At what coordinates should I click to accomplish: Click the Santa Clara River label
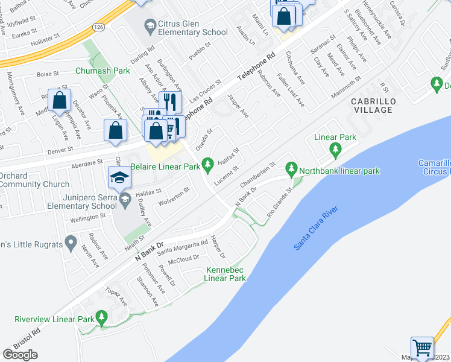[316, 229]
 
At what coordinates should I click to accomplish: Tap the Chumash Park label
[102, 71]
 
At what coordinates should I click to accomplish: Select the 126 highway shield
[98, 27]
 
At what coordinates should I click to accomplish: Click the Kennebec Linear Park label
[226, 274]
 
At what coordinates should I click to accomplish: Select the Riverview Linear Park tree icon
[101, 316]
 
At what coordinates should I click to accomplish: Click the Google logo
[20, 354]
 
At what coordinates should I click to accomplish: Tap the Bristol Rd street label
[28, 340]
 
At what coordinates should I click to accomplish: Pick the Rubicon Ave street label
[269, 84]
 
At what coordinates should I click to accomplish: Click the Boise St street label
[48, 74]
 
